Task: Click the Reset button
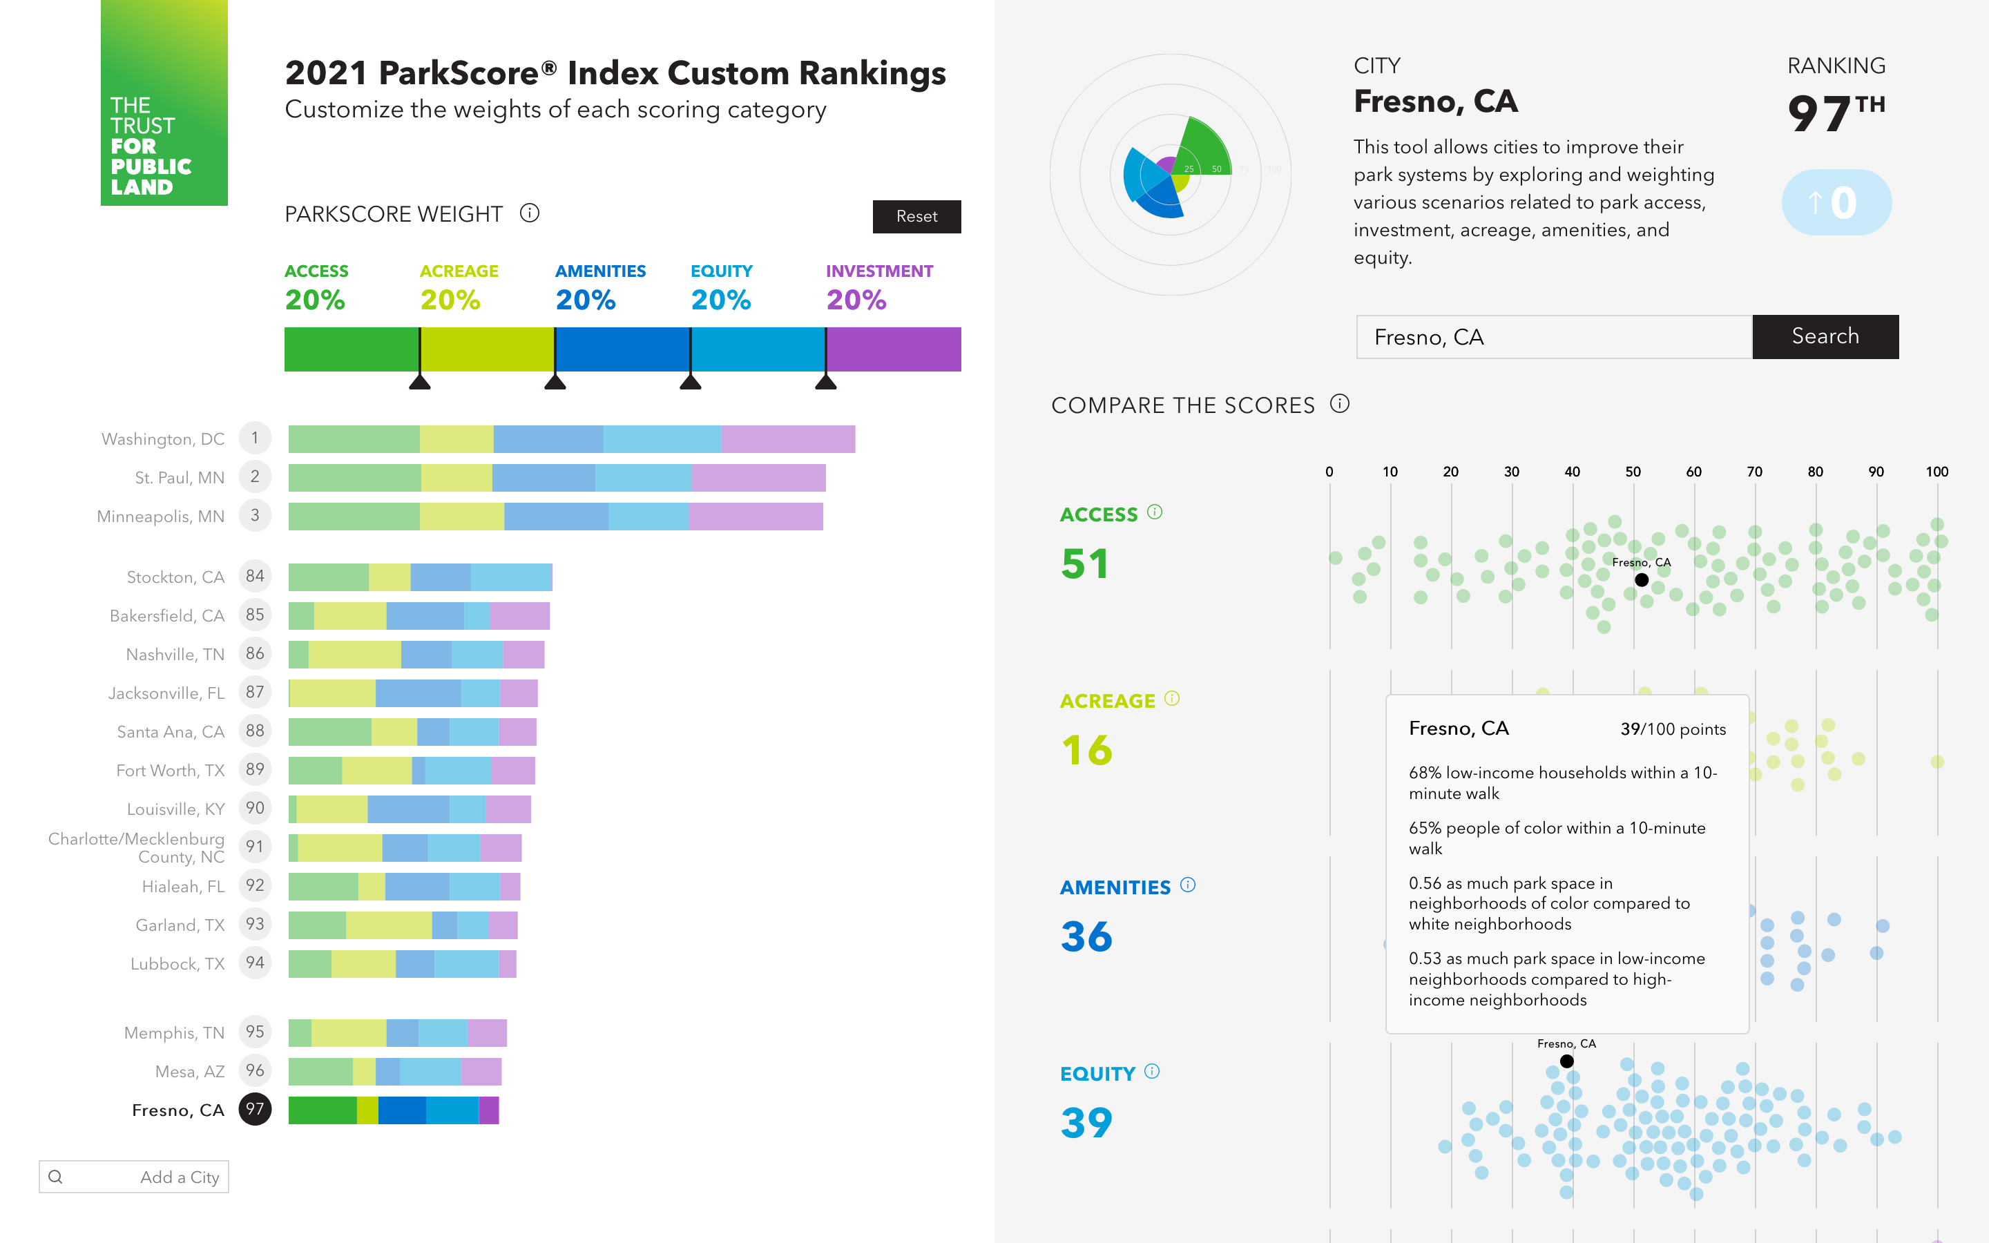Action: coord(916,216)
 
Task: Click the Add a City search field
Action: coord(134,1177)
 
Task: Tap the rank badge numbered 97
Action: coord(255,1109)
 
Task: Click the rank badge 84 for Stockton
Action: coord(255,577)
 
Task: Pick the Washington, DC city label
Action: coord(163,439)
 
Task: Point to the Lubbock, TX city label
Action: coord(177,963)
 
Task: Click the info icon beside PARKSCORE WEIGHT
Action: coord(529,214)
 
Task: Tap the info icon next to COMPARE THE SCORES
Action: coord(1340,404)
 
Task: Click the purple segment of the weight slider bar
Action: coord(894,349)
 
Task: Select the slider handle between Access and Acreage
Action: coord(420,380)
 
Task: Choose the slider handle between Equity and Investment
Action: coord(825,380)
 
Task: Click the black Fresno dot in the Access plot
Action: coord(1642,579)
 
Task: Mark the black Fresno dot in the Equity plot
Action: coord(1566,1061)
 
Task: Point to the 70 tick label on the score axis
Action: coord(1754,472)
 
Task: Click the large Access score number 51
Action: coord(1085,564)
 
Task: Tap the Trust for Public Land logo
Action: coord(164,103)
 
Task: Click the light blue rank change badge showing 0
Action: coord(1836,202)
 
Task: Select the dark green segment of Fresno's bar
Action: coord(323,1110)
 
